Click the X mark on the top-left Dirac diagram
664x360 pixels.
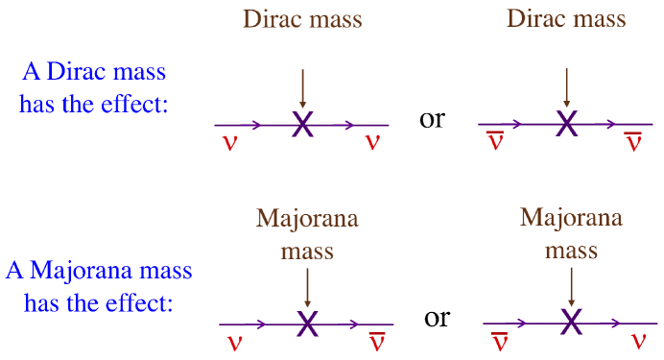pyautogui.click(x=302, y=124)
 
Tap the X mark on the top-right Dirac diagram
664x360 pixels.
pyautogui.click(x=566, y=124)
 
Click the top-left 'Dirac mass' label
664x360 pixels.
pyautogui.click(x=302, y=18)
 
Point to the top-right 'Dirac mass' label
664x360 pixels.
pyautogui.click(x=566, y=18)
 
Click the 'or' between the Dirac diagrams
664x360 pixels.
pyautogui.click(x=434, y=121)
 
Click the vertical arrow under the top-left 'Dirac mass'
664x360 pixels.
pyautogui.click(x=302, y=85)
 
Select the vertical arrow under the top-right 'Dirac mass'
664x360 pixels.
pyautogui.click(x=566, y=85)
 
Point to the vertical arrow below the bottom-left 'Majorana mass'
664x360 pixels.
pyautogui.click(x=307, y=286)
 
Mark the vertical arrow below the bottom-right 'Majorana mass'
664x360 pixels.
pyautogui.click(x=572, y=286)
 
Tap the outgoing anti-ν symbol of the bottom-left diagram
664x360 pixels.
pyautogui.click(x=378, y=340)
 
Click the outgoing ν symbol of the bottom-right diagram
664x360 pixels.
pyautogui.click(x=638, y=341)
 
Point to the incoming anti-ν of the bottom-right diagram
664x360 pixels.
pyautogui.click(x=500, y=340)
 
